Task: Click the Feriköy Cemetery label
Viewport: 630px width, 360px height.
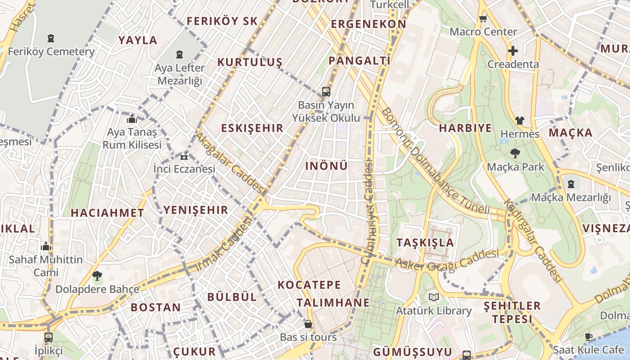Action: (x=51, y=51)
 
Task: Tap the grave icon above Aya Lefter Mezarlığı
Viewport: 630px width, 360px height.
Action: (x=180, y=54)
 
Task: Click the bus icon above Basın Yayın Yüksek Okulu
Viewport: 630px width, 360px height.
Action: (x=326, y=92)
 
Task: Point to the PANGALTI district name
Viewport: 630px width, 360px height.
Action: (x=359, y=60)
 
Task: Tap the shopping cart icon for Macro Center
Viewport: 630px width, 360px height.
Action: (x=483, y=18)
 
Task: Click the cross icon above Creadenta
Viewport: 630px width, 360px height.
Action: (x=513, y=51)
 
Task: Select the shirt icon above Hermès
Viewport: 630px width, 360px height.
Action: (x=520, y=121)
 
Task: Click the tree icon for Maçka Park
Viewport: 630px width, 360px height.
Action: (x=515, y=153)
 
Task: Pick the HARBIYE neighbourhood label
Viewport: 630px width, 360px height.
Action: (x=465, y=128)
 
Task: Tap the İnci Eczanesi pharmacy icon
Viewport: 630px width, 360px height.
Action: (x=184, y=157)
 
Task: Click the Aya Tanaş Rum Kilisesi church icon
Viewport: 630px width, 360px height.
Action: (x=132, y=119)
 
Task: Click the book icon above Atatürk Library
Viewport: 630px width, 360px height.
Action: (x=433, y=297)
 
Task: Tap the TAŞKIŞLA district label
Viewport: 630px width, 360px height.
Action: (x=425, y=243)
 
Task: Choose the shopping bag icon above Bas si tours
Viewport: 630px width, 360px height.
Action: (x=308, y=324)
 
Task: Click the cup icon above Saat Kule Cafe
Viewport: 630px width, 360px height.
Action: (x=588, y=337)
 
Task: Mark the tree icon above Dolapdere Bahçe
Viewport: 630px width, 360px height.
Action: (x=97, y=276)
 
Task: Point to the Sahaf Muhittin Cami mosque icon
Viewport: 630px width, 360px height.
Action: (x=46, y=247)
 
